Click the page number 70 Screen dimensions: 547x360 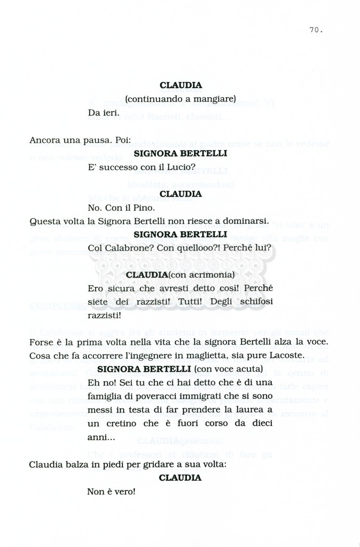tap(315, 30)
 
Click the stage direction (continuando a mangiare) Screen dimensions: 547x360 tap(180, 99)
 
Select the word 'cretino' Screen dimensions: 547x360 tap(114, 424)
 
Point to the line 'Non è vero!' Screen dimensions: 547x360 tap(111, 491)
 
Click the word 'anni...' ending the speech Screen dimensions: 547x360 tap(100, 437)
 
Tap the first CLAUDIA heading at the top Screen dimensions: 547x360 tap(180, 85)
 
